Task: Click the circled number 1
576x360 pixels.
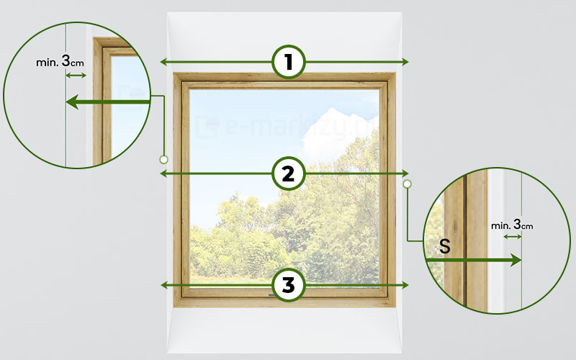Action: (x=289, y=62)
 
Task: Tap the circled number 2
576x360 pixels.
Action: (x=289, y=174)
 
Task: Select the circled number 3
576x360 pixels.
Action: (x=289, y=285)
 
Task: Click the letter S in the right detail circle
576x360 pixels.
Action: (x=444, y=246)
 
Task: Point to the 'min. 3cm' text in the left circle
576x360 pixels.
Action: (x=60, y=61)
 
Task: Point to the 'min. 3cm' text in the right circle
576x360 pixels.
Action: (x=512, y=224)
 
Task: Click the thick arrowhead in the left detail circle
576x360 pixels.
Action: (x=72, y=102)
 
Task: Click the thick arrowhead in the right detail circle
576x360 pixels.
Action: (x=516, y=261)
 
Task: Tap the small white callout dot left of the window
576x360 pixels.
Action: (x=164, y=159)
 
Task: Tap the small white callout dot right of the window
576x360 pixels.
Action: (x=407, y=184)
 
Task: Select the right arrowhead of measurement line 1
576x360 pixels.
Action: (x=405, y=62)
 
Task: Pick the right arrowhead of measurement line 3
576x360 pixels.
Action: (x=405, y=285)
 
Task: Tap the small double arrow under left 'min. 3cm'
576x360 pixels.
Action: (x=76, y=76)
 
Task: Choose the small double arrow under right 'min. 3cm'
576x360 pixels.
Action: (x=513, y=237)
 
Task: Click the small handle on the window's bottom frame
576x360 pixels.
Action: (x=272, y=294)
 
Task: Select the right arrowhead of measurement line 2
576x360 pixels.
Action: (x=405, y=174)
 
